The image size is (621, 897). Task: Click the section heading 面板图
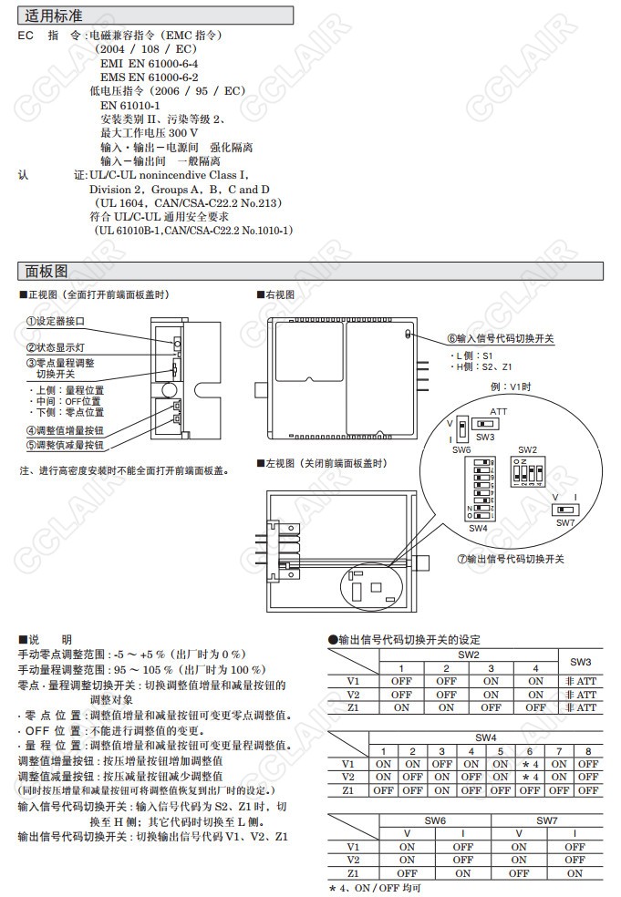click(x=47, y=271)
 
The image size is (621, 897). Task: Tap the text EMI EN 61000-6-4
click(x=150, y=64)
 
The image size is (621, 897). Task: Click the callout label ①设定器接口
click(x=55, y=322)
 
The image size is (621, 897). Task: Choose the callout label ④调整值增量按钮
click(x=64, y=430)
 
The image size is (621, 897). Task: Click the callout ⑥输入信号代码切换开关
click(x=501, y=338)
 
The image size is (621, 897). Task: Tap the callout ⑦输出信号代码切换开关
click(x=511, y=559)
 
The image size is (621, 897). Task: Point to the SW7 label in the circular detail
click(x=564, y=522)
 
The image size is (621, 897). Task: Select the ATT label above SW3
click(x=499, y=412)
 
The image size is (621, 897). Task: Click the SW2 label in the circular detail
click(x=527, y=450)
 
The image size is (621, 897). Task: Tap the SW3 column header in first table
click(x=580, y=661)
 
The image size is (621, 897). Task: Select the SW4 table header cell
click(x=484, y=737)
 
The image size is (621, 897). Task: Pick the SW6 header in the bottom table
click(x=435, y=820)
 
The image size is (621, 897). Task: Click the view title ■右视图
click(x=275, y=294)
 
